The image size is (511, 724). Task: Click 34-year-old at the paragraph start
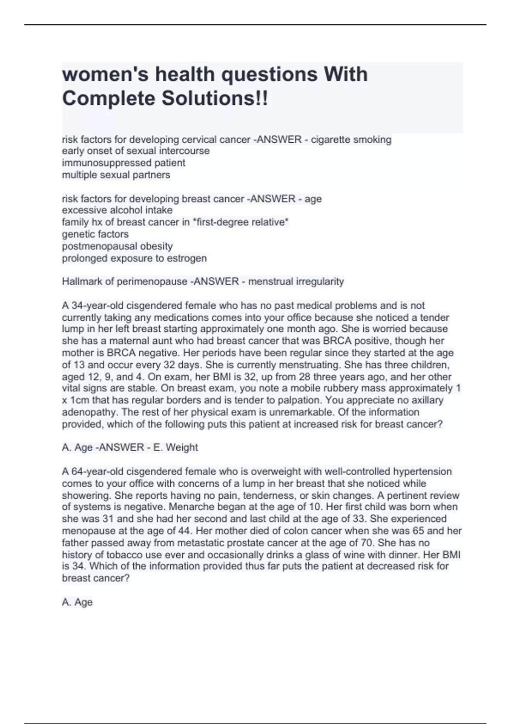91,305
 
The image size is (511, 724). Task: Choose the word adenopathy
86,412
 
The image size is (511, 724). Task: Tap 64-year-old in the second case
91,471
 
